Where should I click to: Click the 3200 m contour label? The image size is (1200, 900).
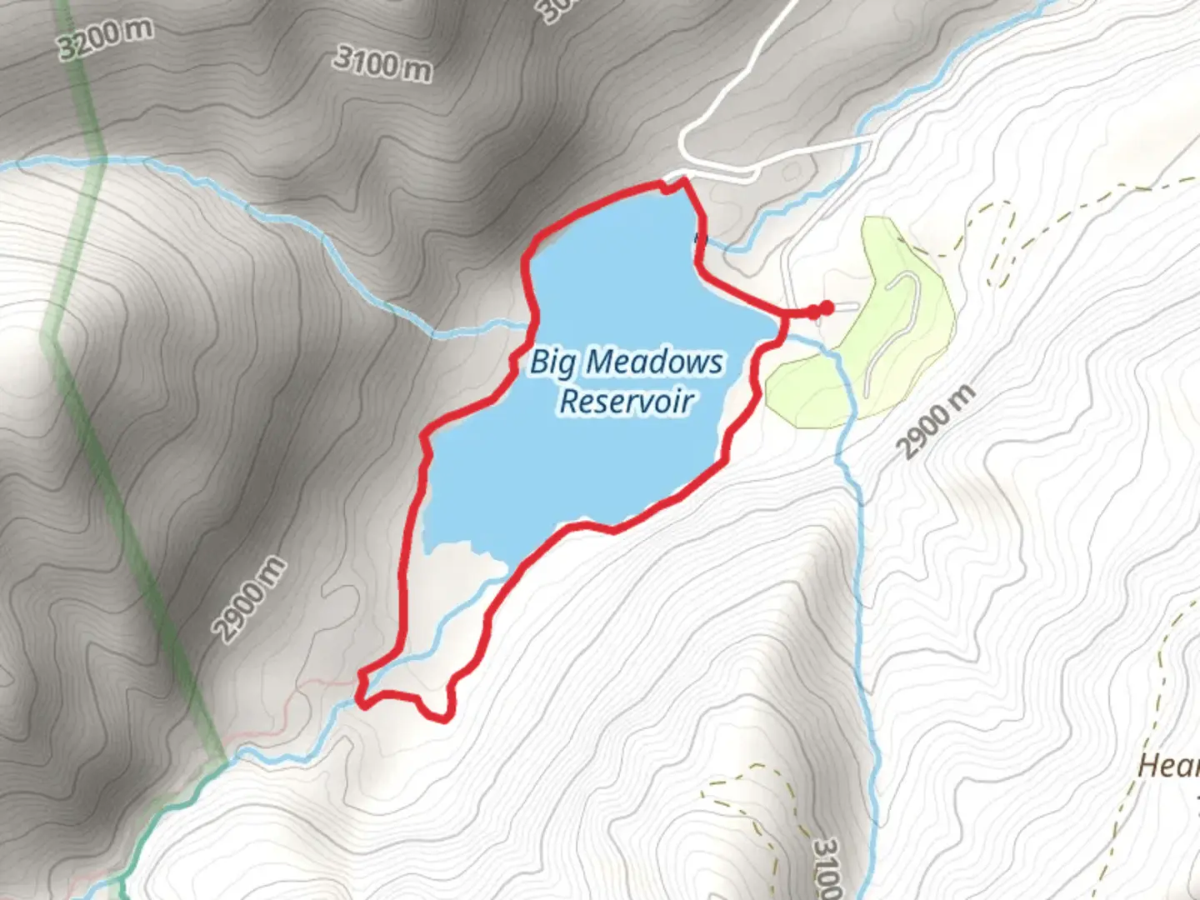tap(106, 39)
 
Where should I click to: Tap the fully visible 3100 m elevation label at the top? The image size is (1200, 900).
tap(382, 63)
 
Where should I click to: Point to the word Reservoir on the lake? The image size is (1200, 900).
tap(626, 401)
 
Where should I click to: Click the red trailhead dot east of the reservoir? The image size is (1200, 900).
tap(826, 308)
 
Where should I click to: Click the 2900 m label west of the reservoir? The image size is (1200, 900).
tap(250, 600)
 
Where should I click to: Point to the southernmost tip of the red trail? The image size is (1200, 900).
tap(443, 717)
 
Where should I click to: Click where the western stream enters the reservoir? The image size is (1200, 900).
tap(528, 327)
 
